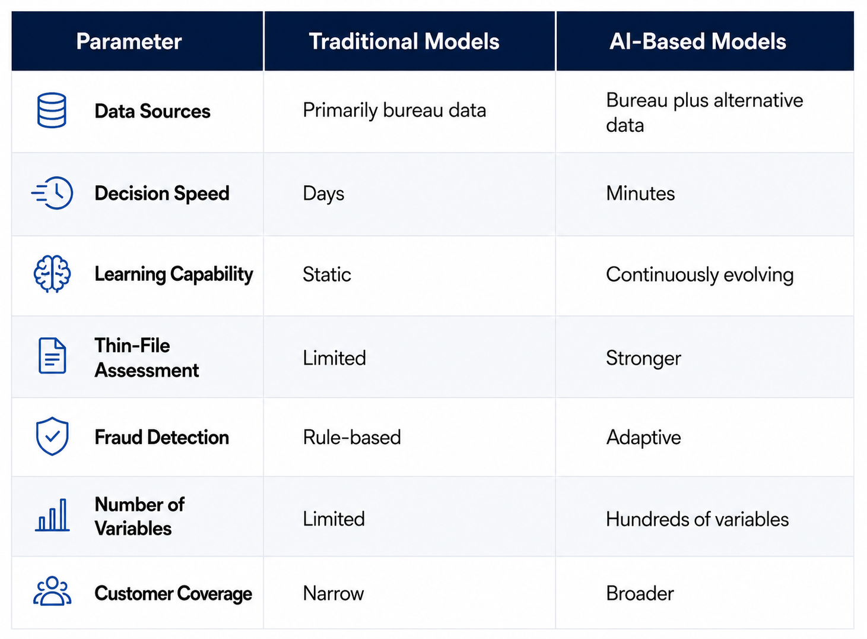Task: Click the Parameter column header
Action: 129,42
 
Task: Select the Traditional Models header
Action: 404,42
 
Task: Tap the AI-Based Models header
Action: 697,42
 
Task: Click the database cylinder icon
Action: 52,110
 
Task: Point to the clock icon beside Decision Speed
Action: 52,193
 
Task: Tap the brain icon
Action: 52,274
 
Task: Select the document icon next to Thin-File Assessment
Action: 52,356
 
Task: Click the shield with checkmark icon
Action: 52,436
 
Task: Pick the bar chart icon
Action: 52,515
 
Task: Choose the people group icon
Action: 52,591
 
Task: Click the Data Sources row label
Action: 153,111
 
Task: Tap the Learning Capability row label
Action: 174,274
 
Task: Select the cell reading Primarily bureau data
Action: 395,110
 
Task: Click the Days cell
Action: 323,194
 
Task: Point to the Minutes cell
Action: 640,193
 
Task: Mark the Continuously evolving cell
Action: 700,275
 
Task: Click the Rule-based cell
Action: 352,438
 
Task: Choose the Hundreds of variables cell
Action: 697,519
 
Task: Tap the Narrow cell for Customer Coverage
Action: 334,593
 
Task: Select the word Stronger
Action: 643,359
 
